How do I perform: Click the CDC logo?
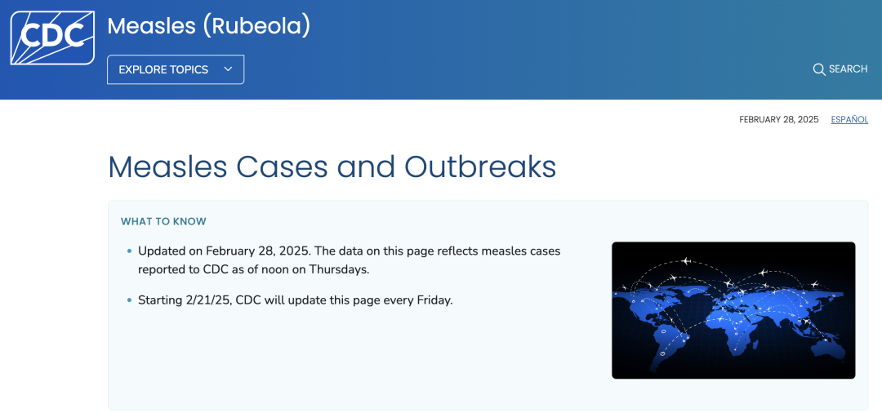tap(52, 38)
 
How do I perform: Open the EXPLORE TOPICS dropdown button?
tap(176, 69)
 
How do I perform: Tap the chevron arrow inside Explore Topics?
tap(228, 69)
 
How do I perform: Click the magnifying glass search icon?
tap(819, 69)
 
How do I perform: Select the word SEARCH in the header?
tap(849, 69)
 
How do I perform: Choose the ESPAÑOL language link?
tap(849, 120)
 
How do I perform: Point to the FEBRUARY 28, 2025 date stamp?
tap(778, 120)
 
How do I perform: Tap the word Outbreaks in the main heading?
tap(480, 167)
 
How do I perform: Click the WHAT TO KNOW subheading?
tap(163, 221)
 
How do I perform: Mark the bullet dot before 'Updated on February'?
tap(129, 251)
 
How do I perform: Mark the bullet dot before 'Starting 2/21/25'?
tap(129, 300)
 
